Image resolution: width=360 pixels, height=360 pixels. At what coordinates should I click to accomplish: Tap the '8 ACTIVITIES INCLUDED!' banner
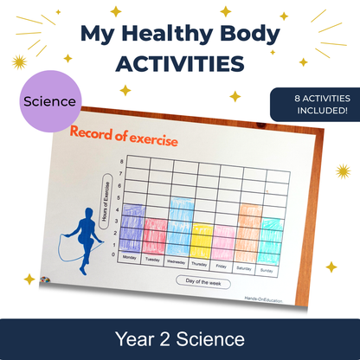[x=314, y=104]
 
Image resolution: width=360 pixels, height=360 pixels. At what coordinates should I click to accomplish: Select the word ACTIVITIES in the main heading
[x=179, y=65]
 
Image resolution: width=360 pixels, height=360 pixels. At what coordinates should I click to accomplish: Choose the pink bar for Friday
[x=223, y=241]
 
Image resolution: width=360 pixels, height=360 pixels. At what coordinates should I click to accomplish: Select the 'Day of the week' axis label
[x=202, y=280]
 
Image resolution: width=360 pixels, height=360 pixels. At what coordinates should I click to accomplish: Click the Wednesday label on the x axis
[x=177, y=260]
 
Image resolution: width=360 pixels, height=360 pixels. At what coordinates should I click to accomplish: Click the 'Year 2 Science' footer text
[x=180, y=337]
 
